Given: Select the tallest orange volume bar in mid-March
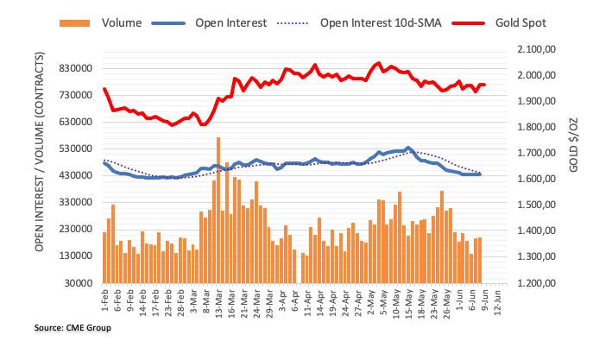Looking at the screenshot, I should (218, 210).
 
